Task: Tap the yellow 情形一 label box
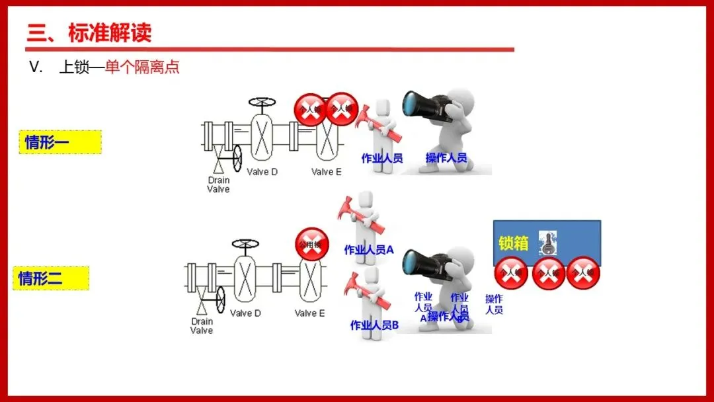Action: (x=60, y=142)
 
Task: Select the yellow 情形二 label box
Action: (x=50, y=278)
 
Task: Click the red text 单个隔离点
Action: (x=142, y=67)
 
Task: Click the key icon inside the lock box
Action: (x=548, y=243)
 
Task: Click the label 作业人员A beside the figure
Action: (x=369, y=250)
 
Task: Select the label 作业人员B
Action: (x=374, y=325)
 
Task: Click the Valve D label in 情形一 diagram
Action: (x=262, y=172)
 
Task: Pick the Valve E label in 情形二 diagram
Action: (x=310, y=313)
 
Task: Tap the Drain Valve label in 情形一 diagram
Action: (x=219, y=184)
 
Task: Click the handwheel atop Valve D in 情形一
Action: (x=263, y=102)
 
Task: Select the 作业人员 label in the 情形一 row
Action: (x=382, y=158)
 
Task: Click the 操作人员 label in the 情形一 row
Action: (x=446, y=158)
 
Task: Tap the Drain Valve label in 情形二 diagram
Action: (x=202, y=326)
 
